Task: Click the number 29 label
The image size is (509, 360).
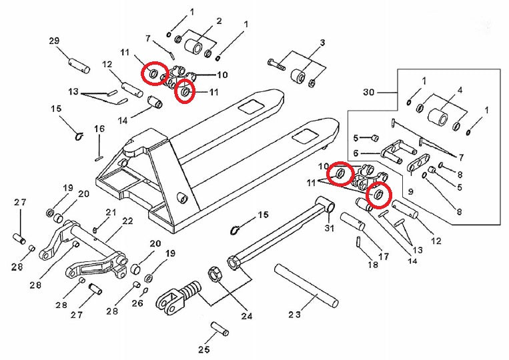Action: (55, 41)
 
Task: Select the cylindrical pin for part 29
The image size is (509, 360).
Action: (79, 65)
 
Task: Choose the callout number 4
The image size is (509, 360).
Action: (460, 89)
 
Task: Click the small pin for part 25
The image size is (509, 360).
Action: (219, 329)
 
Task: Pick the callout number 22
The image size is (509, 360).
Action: (127, 221)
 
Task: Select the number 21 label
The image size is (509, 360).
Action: (111, 213)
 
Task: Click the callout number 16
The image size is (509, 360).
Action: (99, 129)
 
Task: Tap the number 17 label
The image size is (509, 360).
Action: (384, 255)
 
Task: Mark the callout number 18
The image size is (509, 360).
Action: (373, 265)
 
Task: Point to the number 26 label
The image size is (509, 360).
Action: (138, 303)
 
